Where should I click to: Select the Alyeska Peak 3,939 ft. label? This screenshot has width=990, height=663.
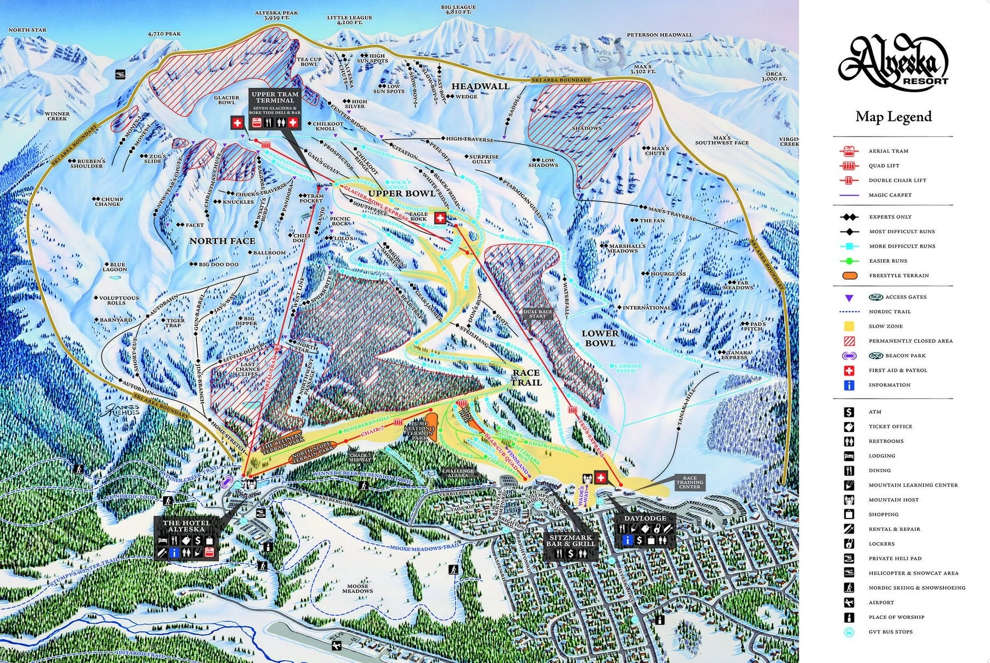pyautogui.click(x=277, y=15)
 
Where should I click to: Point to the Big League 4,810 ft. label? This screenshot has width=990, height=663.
pyautogui.click(x=458, y=10)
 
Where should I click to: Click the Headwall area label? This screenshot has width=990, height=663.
pyautogui.click(x=480, y=87)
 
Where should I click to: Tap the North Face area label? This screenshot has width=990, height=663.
pyautogui.click(x=222, y=241)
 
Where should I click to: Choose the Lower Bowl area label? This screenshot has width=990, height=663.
pyautogui.click(x=600, y=338)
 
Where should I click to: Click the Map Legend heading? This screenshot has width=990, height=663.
pyautogui.click(x=893, y=117)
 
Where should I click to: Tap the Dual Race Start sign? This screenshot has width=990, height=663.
pyautogui.click(x=537, y=314)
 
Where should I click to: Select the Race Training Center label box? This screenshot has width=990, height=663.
pyautogui.click(x=690, y=482)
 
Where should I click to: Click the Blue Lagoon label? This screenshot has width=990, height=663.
pyautogui.click(x=114, y=267)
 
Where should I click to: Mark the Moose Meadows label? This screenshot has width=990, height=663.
pyautogui.click(x=357, y=589)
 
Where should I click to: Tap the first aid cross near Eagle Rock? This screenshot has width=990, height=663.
pyautogui.click(x=440, y=218)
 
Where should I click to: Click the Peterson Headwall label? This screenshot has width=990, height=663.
pyautogui.click(x=659, y=35)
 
